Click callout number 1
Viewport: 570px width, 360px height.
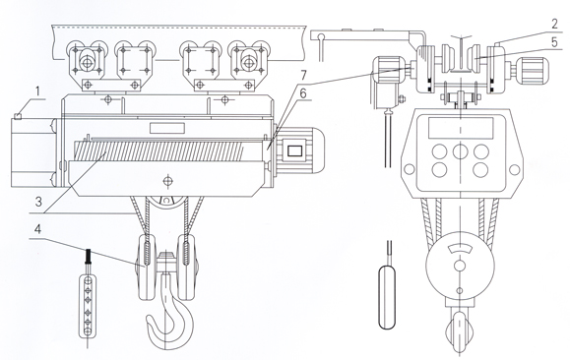(37, 91)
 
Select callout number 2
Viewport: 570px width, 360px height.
(554, 25)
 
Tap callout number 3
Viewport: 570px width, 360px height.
(38, 201)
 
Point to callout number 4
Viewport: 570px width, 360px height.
(37, 229)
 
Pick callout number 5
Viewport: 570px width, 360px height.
(554, 42)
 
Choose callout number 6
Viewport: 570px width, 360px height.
(302, 93)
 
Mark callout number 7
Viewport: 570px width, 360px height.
(303, 76)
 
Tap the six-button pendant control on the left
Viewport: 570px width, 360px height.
(88, 306)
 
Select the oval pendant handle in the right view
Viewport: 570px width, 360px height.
(387, 297)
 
